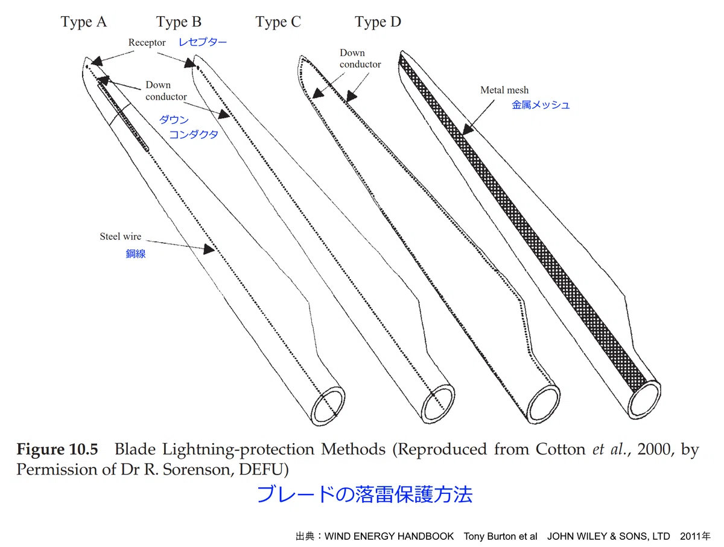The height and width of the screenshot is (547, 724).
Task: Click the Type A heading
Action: point(84,22)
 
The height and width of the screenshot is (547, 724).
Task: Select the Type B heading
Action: point(179,22)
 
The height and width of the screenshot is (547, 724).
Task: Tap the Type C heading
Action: point(278,22)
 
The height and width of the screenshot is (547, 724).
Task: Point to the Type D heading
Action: point(378,22)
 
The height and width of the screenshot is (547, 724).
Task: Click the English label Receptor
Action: point(147,43)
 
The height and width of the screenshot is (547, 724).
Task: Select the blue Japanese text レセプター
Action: point(203,42)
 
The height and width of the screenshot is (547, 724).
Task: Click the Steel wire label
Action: point(121,236)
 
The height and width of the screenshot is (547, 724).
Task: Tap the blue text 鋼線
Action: point(136,254)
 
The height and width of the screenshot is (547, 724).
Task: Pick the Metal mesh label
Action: point(504,90)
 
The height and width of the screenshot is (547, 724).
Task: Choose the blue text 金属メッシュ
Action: point(541,105)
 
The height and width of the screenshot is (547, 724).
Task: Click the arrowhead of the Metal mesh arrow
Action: point(468,129)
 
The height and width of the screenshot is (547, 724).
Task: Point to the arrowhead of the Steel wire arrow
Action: point(209,249)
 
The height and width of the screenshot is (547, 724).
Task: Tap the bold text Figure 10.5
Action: point(57,449)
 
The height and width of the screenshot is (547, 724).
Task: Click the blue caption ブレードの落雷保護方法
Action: point(365,494)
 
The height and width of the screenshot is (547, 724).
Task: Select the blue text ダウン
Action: point(174,120)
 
